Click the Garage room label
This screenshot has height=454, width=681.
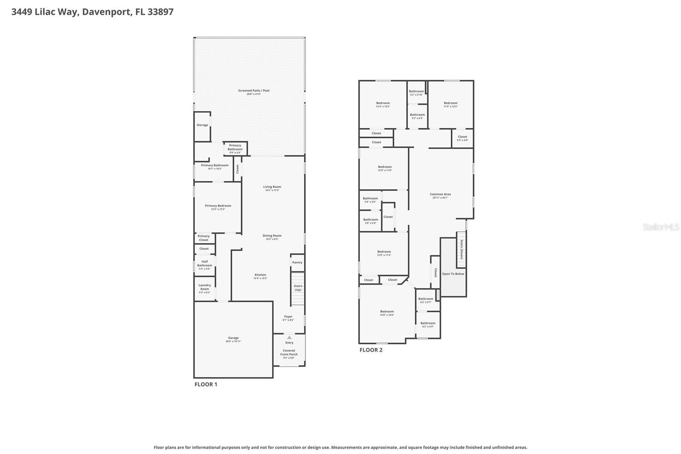coord(233,339)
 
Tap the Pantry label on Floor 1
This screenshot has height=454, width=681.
coord(297,262)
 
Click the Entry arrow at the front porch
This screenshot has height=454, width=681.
coord(289,337)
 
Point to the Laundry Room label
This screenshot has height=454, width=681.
coord(205,287)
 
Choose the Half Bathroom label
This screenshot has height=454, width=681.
coord(205,264)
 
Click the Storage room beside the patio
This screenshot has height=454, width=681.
coord(203,125)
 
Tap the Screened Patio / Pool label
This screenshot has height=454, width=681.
coord(254,91)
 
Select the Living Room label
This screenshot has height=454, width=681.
coord(272,187)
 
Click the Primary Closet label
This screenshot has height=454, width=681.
coord(204,238)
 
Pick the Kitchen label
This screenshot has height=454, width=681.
coord(260,275)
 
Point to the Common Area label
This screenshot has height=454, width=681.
coord(440,194)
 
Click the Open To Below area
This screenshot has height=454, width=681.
coord(453,274)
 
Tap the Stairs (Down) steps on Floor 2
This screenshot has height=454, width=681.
coord(461,249)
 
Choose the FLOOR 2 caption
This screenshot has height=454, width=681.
coord(371,350)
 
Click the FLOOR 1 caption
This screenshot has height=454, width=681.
coord(206,384)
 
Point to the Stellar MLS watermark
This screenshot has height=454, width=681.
coord(661,227)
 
